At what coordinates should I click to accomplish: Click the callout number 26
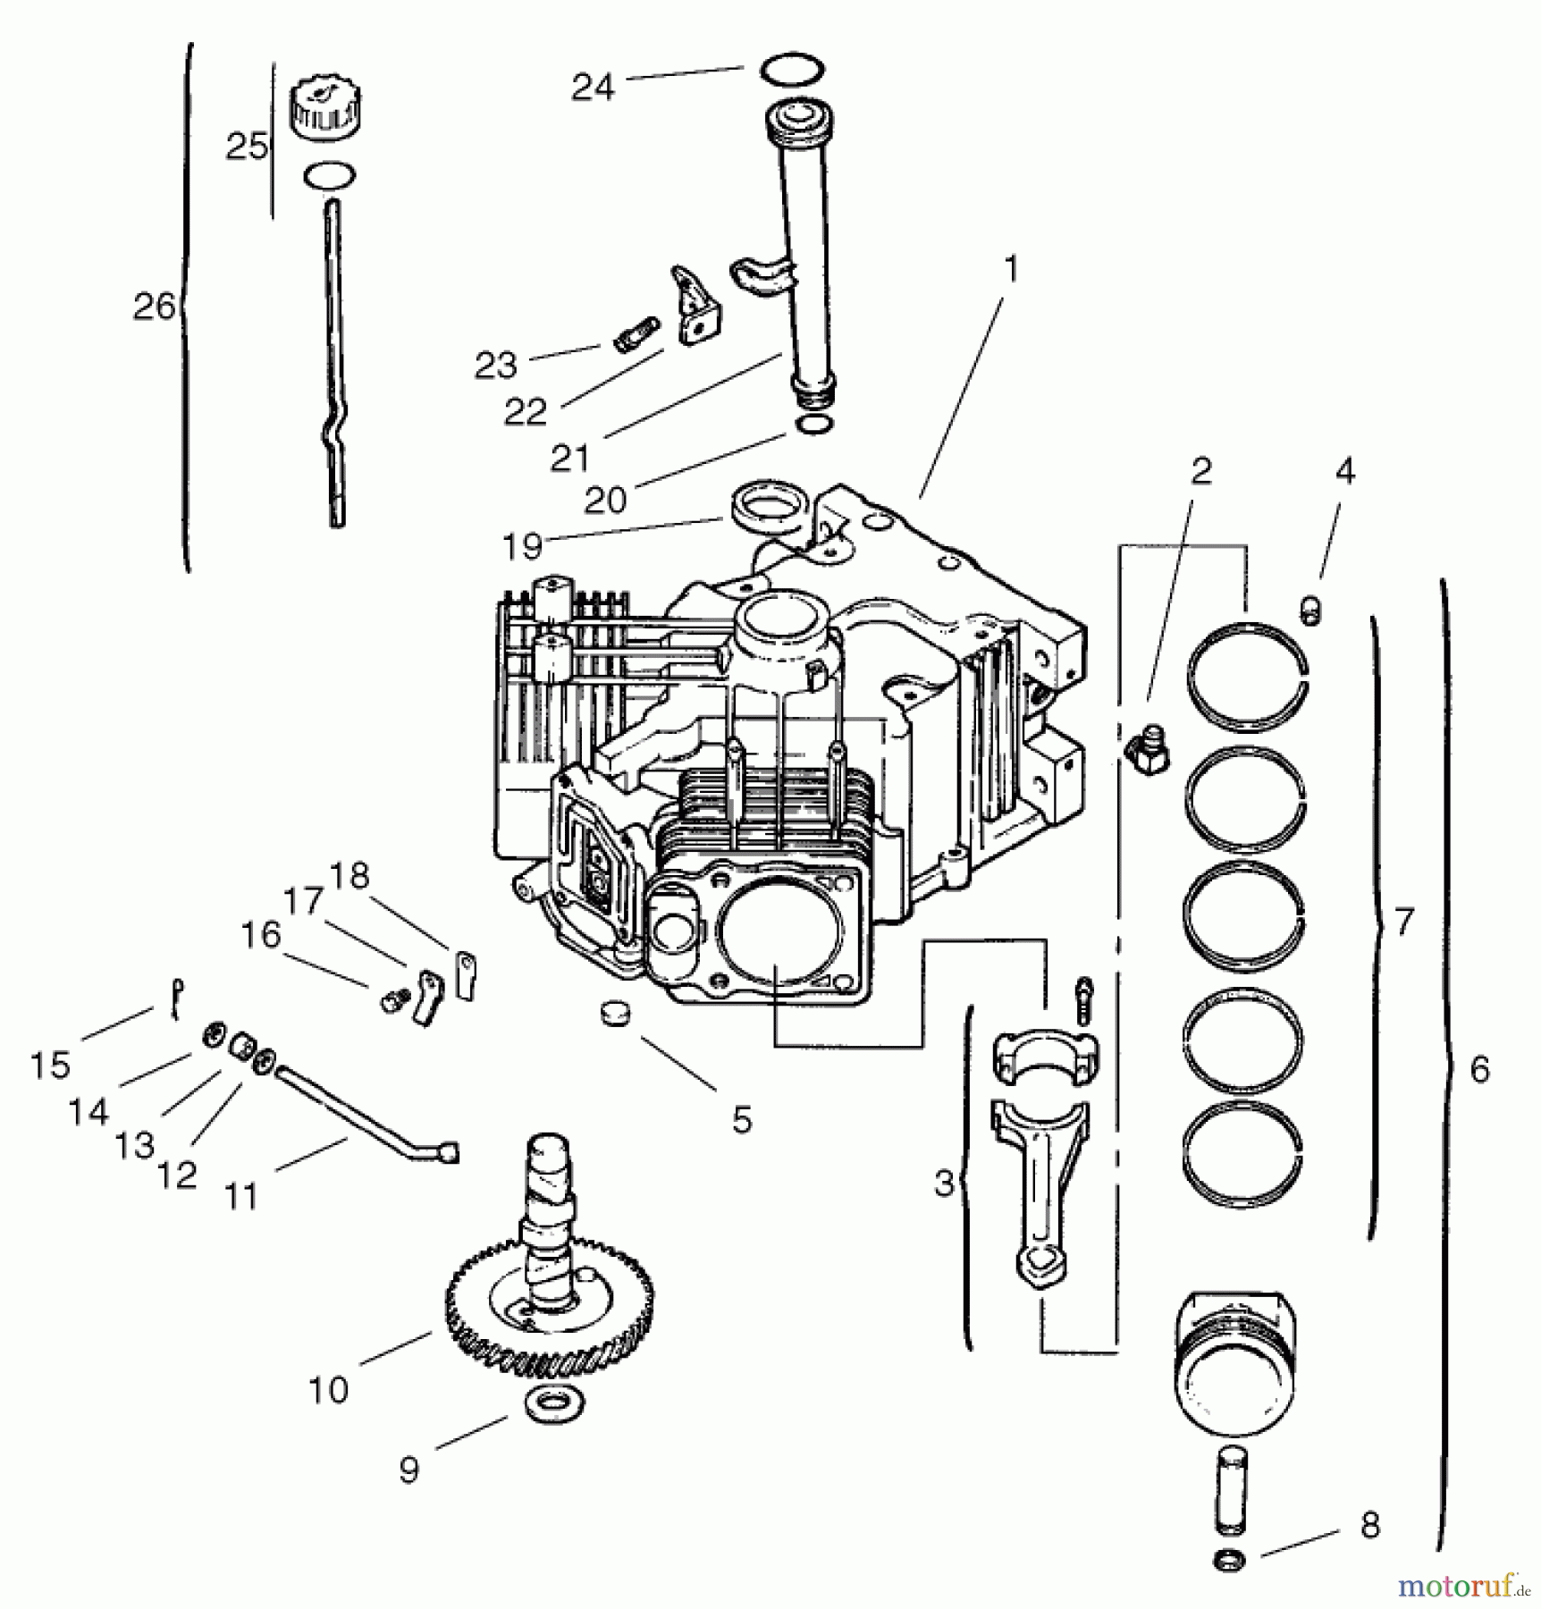[x=154, y=307]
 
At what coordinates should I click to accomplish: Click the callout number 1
[x=1010, y=267]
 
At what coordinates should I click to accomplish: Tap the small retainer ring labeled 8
[x=1230, y=1561]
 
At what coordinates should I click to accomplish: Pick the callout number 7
[x=1404, y=921]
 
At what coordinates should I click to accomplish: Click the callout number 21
[x=570, y=459]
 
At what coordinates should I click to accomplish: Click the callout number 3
[x=944, y=1183]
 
